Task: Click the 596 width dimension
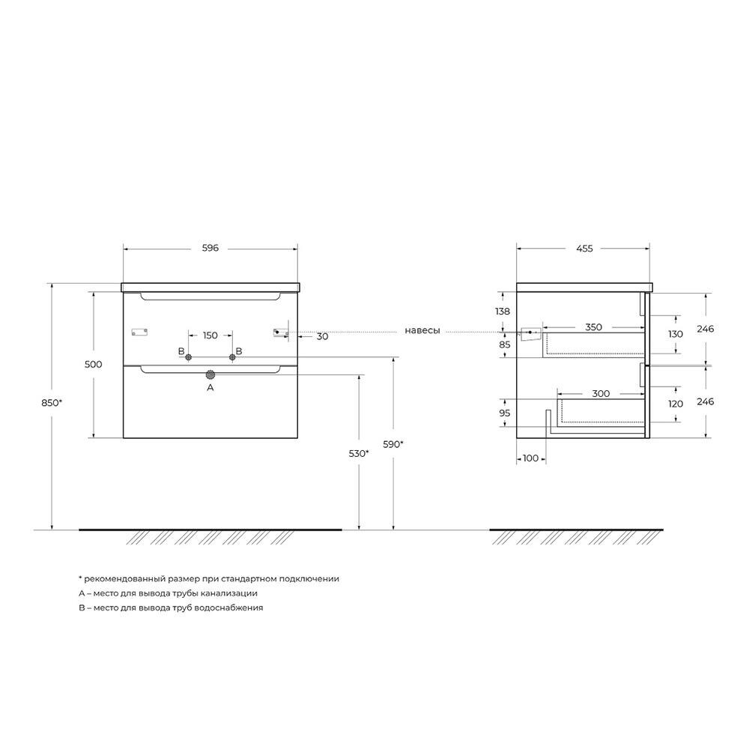(210, 249)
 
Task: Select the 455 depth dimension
(584, 249)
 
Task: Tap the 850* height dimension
(52, 402)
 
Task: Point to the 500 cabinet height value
(94, 364)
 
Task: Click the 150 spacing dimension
(210, 335)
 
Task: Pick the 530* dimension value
(359, 453)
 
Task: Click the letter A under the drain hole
(210, 388)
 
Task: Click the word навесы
(422, 331)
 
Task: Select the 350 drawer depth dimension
(593, 327)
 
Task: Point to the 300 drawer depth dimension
(600, 393)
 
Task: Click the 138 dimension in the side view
(503, 311)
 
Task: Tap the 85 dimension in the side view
(504, 345)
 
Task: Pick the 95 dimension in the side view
(504, 413)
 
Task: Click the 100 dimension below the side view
(530, 457)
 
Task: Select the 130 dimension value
(676, 334)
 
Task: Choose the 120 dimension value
(676, 403)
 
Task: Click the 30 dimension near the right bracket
(322, 337)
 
